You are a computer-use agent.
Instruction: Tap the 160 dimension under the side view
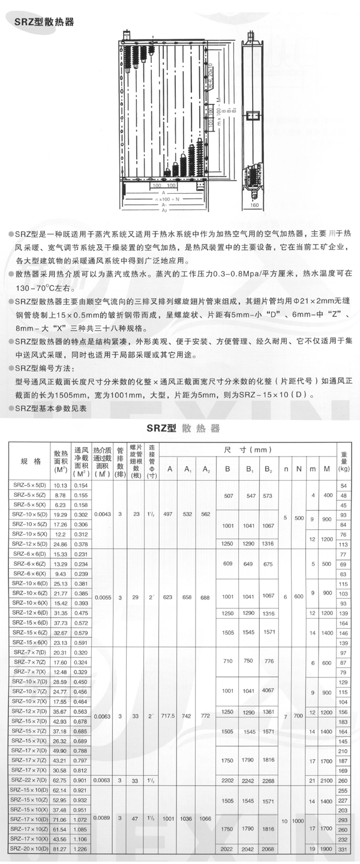tap(254, 205)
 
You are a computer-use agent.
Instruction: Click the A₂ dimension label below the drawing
tap(163, 211)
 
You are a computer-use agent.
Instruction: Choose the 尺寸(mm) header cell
tap(246, 450)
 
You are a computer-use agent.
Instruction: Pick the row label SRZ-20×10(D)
tap(29, 849)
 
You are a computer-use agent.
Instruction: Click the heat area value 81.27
tap(60, 849)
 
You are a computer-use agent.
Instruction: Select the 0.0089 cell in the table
tap(102, 817)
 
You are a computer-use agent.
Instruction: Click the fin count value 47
tap(136, 817)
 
